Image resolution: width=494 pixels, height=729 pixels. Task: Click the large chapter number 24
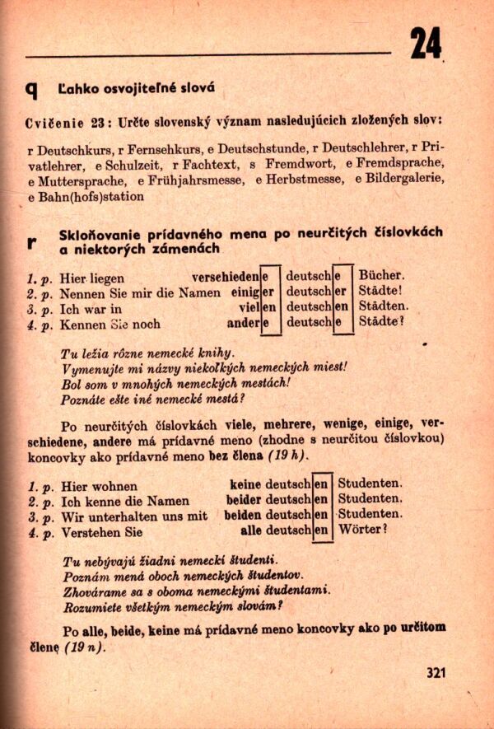point(426,43)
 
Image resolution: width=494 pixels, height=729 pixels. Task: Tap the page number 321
point(436,672)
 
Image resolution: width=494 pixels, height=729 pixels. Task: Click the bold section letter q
point(32,88)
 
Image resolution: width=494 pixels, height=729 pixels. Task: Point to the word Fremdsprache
point(406,164)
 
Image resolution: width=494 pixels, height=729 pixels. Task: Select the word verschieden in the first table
point(225,277)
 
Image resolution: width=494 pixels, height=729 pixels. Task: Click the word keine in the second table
point(245,484)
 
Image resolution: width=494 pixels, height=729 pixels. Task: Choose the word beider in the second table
point(244,500)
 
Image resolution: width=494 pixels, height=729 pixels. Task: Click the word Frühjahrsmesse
point(196,180)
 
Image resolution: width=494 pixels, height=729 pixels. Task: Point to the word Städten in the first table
point(384,307)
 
